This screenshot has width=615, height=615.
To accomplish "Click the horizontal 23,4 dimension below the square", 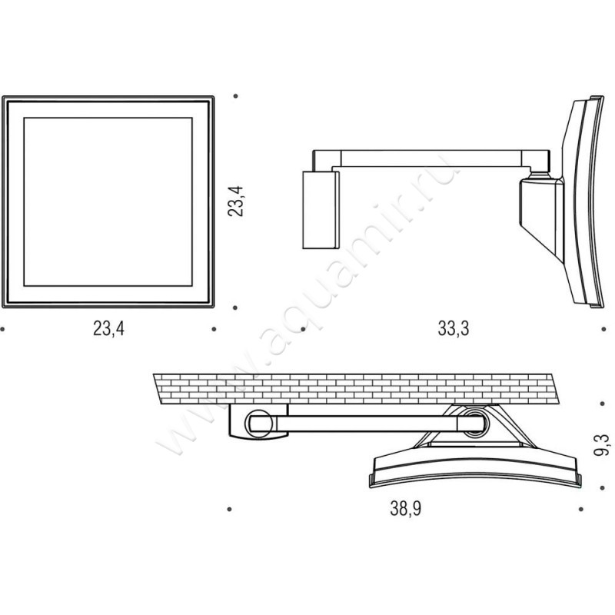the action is point(108,328).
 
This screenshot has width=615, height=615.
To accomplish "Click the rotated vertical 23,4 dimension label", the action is point(235,201).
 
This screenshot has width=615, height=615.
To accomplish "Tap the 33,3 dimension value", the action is point(454,328).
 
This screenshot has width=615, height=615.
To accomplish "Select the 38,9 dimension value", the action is point(406,509).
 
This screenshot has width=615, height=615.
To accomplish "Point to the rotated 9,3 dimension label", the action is point(603,445).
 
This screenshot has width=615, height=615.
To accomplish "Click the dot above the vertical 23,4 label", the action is point(235,95).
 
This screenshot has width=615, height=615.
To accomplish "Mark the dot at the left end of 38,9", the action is point(229,509).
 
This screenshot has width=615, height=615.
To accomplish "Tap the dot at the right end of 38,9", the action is point(581,509).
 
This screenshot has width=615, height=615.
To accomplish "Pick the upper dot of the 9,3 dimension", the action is point(603,403).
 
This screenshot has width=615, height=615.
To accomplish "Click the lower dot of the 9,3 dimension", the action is point(603,487).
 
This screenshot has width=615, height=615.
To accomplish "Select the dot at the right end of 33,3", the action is point(603,329).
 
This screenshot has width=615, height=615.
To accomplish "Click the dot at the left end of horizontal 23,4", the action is point(2,329).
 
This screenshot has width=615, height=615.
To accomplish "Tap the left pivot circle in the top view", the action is point(259,424).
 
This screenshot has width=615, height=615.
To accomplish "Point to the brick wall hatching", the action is point(355,389).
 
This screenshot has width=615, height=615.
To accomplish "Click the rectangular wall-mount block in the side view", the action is point(321,210).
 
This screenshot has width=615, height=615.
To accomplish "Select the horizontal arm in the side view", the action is point(431,158).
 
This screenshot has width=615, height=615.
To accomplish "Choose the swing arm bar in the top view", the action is point(367,424).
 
